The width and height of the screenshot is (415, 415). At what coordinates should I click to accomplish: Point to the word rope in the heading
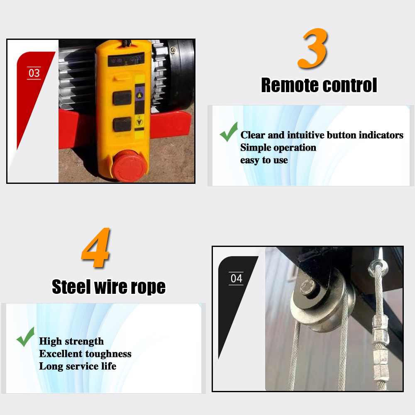click(148, 287)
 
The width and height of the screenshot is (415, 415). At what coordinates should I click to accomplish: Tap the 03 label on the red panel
click(34, 73)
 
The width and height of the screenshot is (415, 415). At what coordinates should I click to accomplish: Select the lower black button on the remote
click(122, 124)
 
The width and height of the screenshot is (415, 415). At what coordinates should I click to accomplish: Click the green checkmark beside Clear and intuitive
click(229, 132)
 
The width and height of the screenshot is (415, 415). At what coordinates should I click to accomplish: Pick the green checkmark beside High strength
click(25, 337)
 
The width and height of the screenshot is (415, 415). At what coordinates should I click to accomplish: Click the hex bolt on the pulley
click(309, 286)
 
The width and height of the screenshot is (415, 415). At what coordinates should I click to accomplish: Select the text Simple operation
click(278, 148)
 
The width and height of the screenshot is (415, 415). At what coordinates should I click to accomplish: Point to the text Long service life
click(78, 366)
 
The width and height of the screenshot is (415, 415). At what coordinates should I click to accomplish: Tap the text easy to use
click(264, 160)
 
